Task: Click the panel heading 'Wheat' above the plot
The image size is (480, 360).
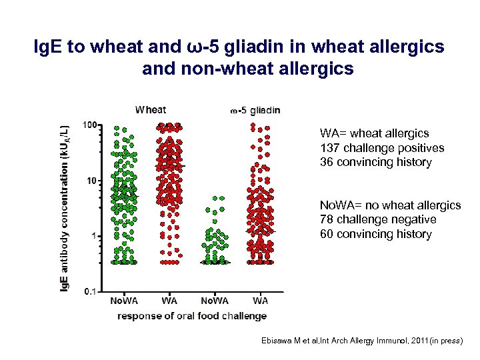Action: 151,109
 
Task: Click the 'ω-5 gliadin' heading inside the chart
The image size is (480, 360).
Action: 255,110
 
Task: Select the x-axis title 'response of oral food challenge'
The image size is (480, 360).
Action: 191,316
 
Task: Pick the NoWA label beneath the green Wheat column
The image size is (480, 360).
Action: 125,301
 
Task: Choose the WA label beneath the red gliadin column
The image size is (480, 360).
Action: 260,301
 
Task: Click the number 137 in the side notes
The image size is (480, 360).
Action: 329,148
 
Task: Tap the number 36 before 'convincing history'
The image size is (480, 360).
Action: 326,163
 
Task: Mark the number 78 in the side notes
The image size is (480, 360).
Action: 326,219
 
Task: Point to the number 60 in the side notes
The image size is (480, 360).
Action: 326,234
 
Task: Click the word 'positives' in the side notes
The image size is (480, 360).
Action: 421,148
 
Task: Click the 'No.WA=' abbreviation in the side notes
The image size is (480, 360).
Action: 339,205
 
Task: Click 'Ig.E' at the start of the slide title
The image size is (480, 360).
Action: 51,49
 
